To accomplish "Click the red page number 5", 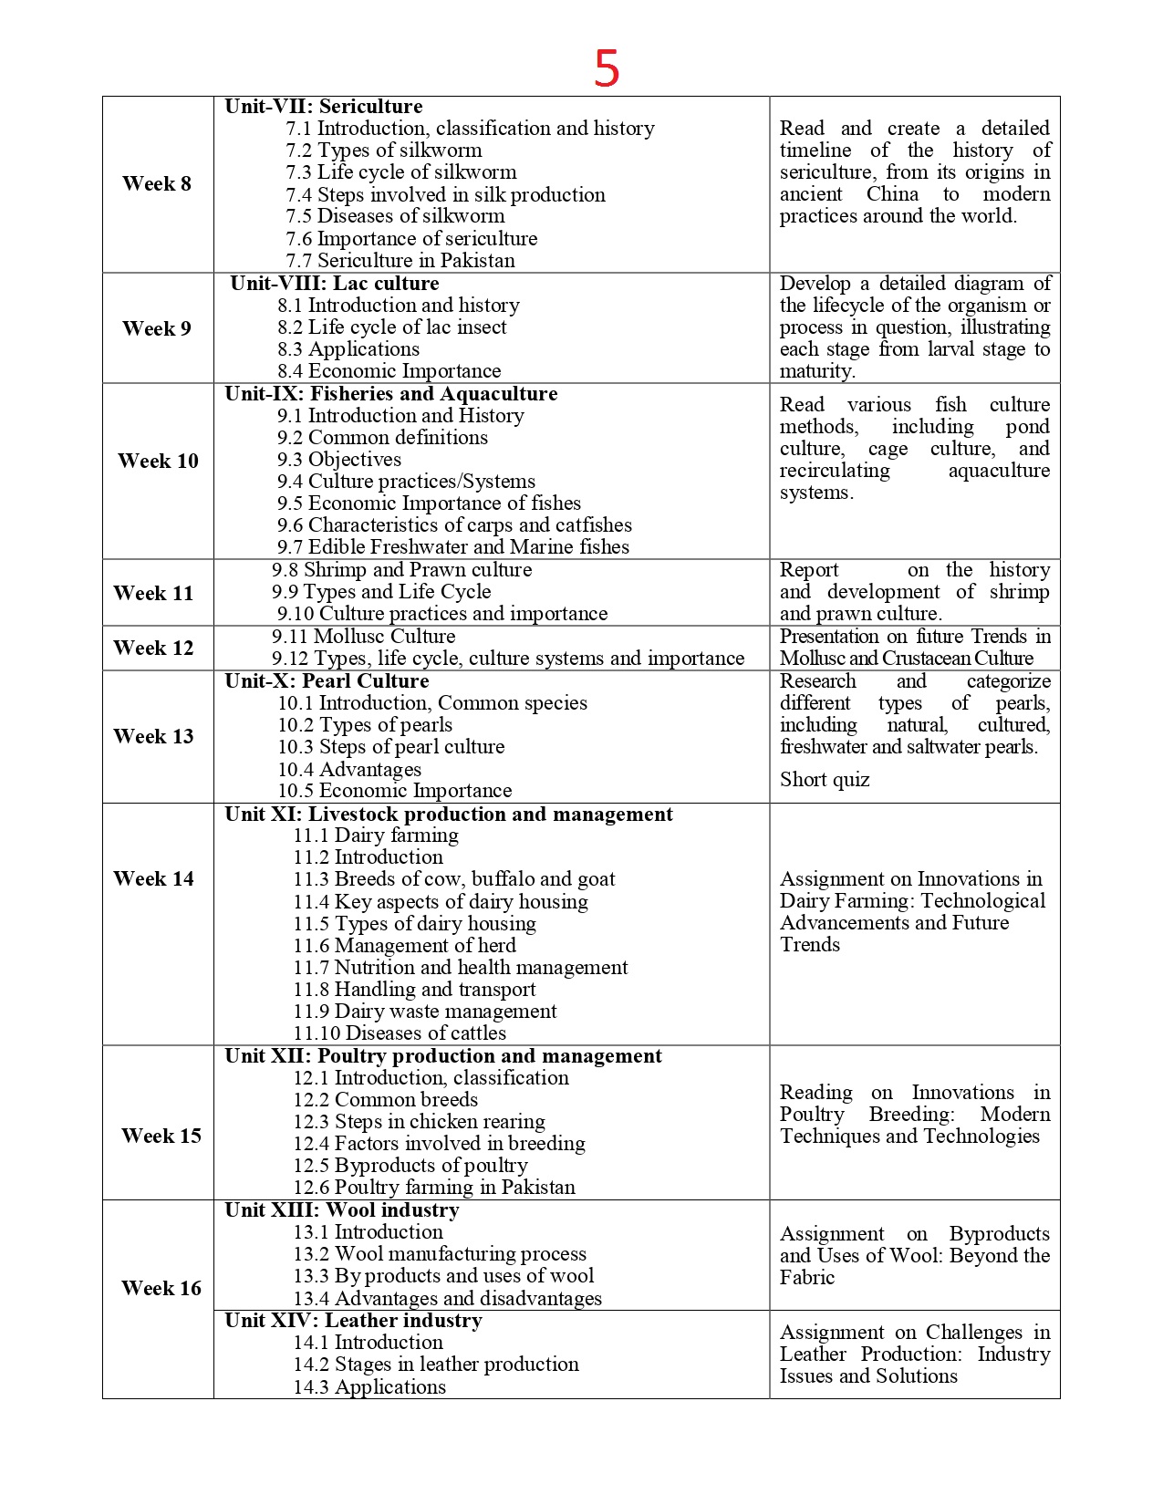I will [x=607, y=68].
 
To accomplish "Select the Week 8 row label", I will [x=157, y=183].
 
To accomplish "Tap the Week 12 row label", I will [x=153, y=648].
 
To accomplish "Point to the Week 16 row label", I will [x=161, y=1288].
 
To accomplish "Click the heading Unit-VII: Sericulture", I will [x=324, y=107].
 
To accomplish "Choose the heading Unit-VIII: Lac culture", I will [x=335, y=284].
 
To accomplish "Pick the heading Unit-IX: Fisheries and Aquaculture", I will [x=391, y=394].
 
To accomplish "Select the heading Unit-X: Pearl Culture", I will [x=327, y=681].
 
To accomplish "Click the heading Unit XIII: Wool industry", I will [x=342, y=1210].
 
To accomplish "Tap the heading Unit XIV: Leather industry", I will [x=353, y=1321].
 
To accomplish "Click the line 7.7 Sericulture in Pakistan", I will [x=400, y=261].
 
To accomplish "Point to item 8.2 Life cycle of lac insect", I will [x=392, y=327].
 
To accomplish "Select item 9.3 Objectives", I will [x=339, y=460].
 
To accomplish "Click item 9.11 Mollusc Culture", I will [x=363, y=637].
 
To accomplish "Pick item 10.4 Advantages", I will [x=349, y=770].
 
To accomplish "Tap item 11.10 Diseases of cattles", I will [x=400, y=1033].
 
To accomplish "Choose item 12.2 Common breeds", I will [x=385, y=1100].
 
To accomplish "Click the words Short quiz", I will [x=825, y=780].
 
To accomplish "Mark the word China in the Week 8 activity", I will [x=892, y=194].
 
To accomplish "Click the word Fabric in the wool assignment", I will [x=807, y=1278].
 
